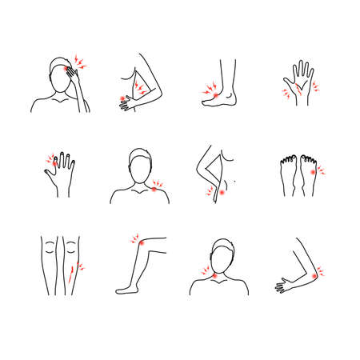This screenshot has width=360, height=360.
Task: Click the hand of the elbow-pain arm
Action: (282, 283)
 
